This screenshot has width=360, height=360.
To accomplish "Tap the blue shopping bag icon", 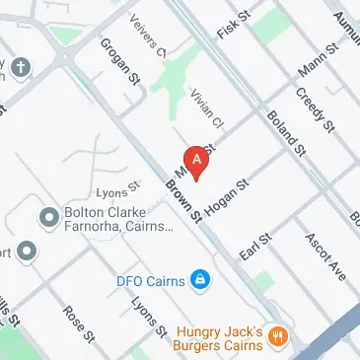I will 200,280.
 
